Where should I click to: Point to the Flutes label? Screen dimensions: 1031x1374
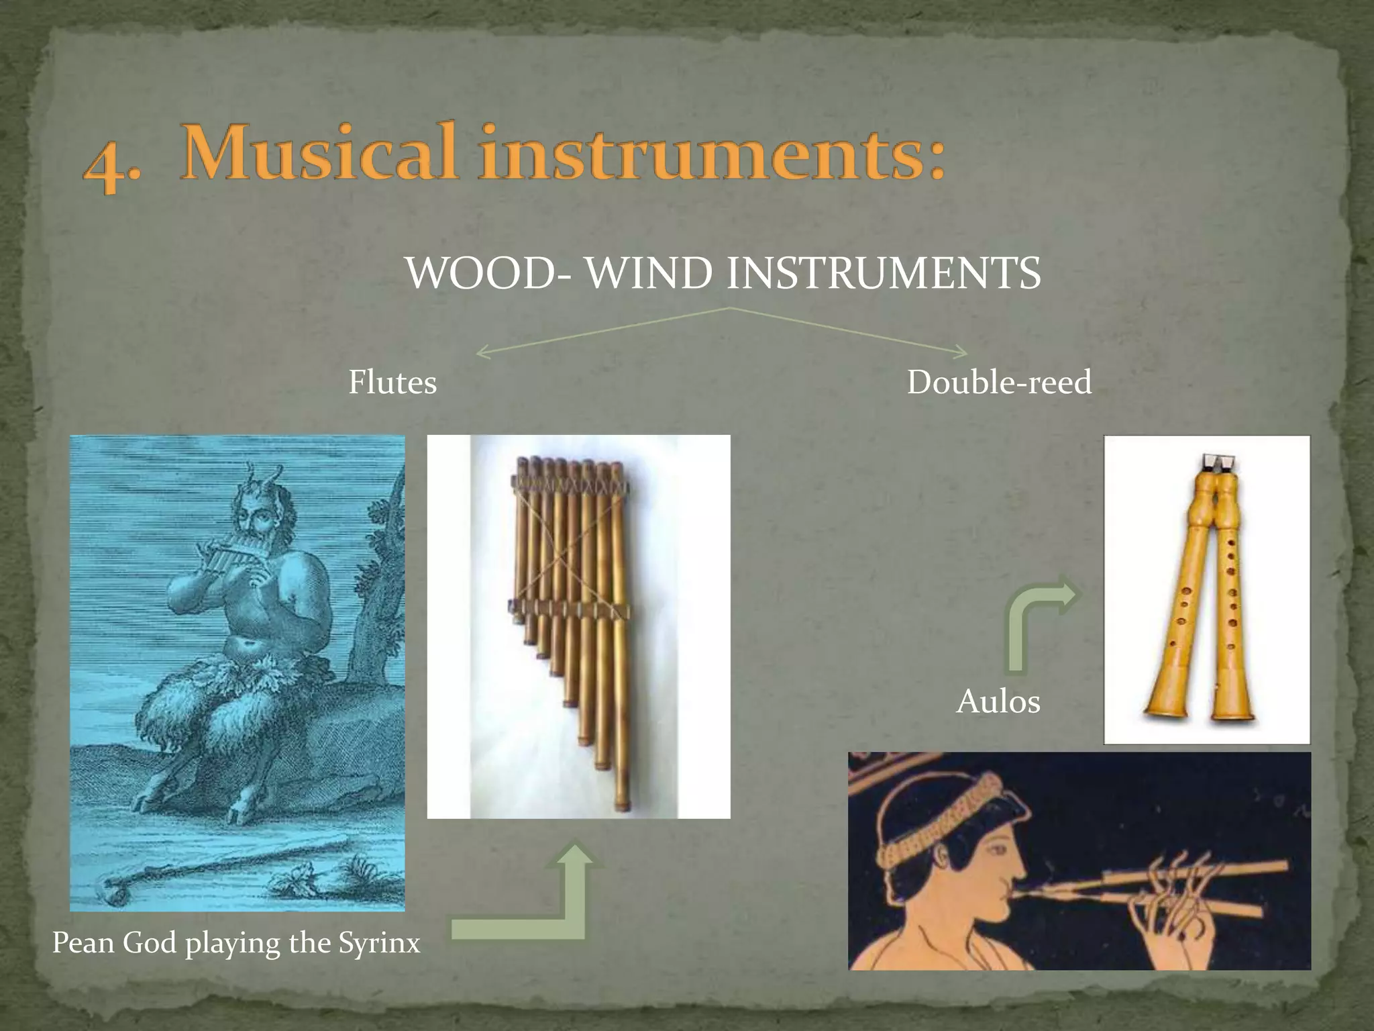pos(392,383)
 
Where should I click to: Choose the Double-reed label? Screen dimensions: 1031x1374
pos(999,383)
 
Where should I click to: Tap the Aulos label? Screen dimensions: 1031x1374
pos(998,702)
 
